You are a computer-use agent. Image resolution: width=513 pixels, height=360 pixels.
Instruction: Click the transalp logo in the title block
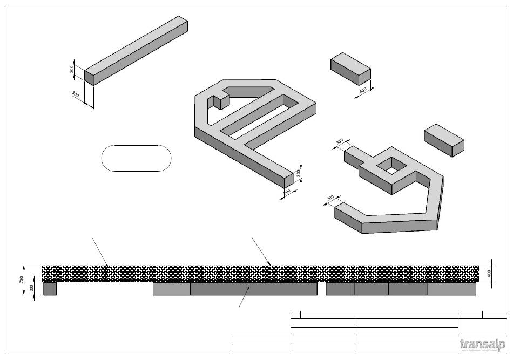(x=481, y=344)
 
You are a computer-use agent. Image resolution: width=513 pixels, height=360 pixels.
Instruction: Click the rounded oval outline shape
(x=136, y=158)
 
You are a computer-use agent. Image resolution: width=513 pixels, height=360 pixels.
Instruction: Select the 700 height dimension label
(x=21, y=280)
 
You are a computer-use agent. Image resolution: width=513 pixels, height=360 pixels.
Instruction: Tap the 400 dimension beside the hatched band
(x=489, y=274)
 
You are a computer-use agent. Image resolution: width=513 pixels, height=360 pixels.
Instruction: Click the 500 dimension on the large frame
(x=287, y=191)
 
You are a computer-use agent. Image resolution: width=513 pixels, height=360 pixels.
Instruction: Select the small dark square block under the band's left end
(x=50, y=289)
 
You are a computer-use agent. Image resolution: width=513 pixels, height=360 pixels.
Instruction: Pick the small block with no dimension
(x=444, y=140)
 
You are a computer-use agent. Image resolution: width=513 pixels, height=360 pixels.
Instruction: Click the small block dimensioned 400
(x=350, y=69)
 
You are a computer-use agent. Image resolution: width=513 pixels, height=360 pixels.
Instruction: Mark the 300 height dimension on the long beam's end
(x=72, y=70)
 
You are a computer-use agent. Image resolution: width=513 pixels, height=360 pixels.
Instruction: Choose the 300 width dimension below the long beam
(x=76, y=95)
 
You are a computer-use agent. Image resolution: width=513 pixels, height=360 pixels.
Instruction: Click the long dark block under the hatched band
(x=253, y=289)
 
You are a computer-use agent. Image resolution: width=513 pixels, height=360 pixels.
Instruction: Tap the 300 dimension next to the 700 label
(x=31, y=288)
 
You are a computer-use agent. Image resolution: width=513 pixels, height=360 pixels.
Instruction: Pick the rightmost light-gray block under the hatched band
(x=451, y=289)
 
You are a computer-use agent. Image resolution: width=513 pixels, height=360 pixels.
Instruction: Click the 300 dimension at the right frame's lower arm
(x=330, y=199)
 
